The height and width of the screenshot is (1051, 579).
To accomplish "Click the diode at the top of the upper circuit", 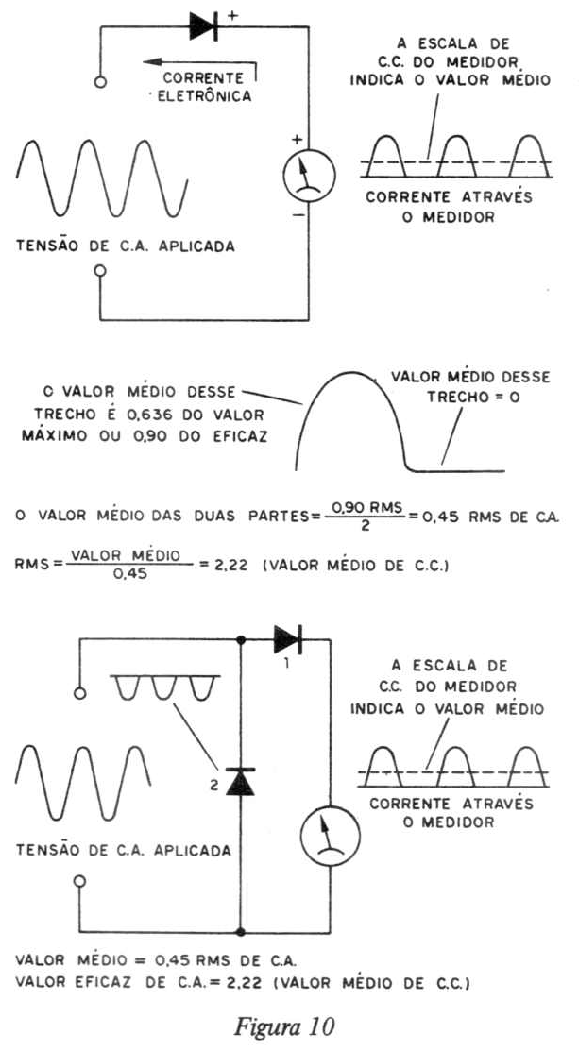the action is [x=204, y=26].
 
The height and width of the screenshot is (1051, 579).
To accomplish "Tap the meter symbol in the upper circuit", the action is [x=309, y=175].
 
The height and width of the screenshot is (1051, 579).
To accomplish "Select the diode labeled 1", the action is [x=288, y=638].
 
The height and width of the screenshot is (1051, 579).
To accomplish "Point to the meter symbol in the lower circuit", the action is [x=330, y=835].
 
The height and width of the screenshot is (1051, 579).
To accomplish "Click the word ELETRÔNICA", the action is [x=204, y=96].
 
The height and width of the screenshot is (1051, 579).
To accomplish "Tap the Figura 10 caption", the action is [x=284, y=1026].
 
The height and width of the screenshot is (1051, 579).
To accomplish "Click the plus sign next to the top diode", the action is [x=232, y=16].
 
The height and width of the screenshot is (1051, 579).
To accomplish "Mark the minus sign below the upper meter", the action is [x=298, y=216].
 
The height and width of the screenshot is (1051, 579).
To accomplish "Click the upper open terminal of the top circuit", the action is [x=100, y=82].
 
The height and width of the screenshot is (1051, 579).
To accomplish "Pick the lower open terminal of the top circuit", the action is [x=100, y=271].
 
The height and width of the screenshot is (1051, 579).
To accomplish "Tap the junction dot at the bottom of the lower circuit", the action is [x=241, y=932].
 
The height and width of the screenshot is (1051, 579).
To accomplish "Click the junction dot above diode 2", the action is [x=241, y=639].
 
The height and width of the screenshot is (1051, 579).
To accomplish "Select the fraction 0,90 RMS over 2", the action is [x=365, y=517].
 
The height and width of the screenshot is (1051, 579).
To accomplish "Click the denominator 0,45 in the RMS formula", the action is [x=125, y=574].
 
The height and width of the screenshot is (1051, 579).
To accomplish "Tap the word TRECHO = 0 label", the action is [x=473, y=397].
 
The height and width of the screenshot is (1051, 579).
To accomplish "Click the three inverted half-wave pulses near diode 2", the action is [x=165, y=689].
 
